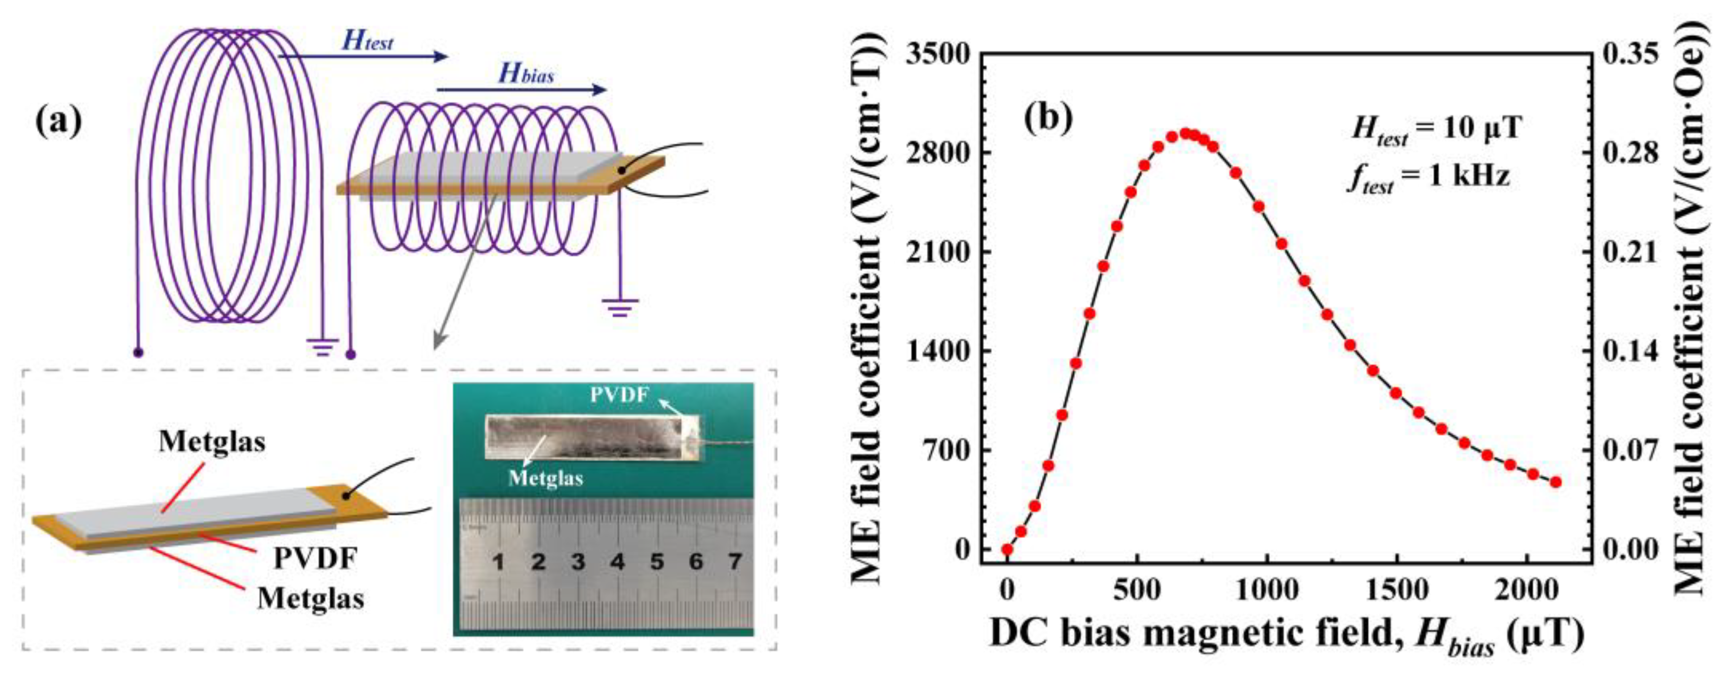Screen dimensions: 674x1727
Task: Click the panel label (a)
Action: [59, 122]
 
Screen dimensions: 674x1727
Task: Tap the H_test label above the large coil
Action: [367, 41]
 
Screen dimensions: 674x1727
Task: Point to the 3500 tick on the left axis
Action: [938, 54]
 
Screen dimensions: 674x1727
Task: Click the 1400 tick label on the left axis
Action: [938, 351]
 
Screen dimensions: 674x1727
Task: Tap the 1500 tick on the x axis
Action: [1397, 590]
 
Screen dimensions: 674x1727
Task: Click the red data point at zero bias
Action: [1007, 549]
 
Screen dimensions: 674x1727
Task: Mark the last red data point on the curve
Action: [1556, 481]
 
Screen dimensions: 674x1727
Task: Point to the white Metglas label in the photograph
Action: [546, 478]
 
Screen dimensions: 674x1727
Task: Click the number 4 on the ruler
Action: [618, 561]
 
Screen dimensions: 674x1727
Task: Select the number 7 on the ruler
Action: [735, 561]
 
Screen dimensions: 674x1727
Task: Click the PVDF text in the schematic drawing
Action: [315, 558]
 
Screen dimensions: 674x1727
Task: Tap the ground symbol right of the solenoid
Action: [620, 307]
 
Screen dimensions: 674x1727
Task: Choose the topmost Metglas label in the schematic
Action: [212, 441]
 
